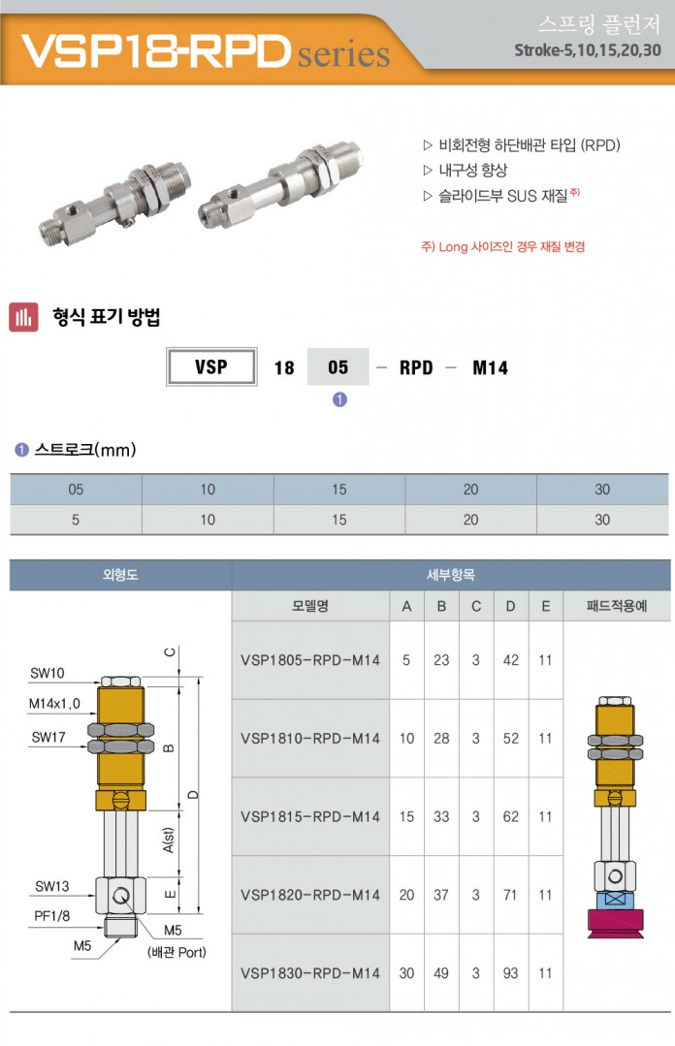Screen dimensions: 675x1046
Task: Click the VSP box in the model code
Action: click(x=211, y=366)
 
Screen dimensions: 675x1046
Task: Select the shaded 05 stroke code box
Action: click(x=337, y=366)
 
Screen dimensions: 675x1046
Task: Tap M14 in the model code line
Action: click(x=490, y=367)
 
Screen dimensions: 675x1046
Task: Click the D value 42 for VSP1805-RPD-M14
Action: click(x=511, y=660)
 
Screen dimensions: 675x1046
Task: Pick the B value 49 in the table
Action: click(x=441, y=973)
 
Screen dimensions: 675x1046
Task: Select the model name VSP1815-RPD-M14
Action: click(x=310, y=816)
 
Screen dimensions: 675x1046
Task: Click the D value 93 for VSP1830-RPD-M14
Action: click(x=511, y=973)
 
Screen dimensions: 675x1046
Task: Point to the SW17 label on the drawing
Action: click(x=48, y=737)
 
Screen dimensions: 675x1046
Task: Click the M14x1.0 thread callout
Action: click(x=54, y=703)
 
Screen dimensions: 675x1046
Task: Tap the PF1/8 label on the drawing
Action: click(x=52, y=916)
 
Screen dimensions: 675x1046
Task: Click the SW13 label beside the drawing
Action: click(x=52, y=887)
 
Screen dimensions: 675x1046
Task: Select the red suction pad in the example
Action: click(x=616, y=923)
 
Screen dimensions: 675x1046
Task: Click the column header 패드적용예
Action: click(x=616, y=606)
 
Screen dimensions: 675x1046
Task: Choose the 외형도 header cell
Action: click(x=121, y=574)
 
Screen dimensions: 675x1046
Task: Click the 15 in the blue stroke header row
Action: click(x=339, y=490)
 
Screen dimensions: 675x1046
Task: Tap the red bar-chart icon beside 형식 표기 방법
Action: click(x=23, y=317)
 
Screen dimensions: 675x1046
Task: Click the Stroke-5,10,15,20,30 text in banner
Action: click(x=588, y=50)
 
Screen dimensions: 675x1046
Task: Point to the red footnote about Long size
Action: click(x=503, y=247)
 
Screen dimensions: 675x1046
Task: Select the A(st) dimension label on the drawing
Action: click(x=168, y=840)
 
